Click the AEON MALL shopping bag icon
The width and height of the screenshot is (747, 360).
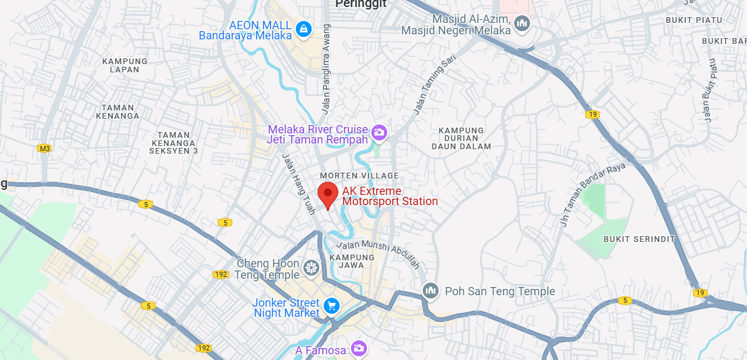point(304,29)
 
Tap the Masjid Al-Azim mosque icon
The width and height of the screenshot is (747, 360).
point(522,24)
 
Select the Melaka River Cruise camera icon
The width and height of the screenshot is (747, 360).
point(380,133)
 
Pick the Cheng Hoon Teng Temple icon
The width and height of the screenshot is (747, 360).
point(311,268)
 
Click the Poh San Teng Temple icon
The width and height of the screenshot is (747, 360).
point(431,291)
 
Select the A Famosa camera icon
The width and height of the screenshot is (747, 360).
point(359,348)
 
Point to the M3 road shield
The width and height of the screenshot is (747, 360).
point(44,149)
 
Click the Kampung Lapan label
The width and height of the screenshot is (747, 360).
point(124,65)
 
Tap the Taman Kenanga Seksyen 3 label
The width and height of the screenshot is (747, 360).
point(174,143)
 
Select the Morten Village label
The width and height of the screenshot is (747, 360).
point(359,175)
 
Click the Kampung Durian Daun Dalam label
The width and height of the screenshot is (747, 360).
point(461,138)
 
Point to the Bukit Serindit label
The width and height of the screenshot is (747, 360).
point(630,239)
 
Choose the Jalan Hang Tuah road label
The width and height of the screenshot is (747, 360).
point(298,183)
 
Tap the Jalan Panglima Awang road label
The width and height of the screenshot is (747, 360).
point(326,69)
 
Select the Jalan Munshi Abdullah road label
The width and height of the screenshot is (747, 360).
point(378,254)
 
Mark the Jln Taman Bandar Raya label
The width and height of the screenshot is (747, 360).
point(593,187)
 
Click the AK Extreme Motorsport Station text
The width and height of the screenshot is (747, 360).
point(390,196)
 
